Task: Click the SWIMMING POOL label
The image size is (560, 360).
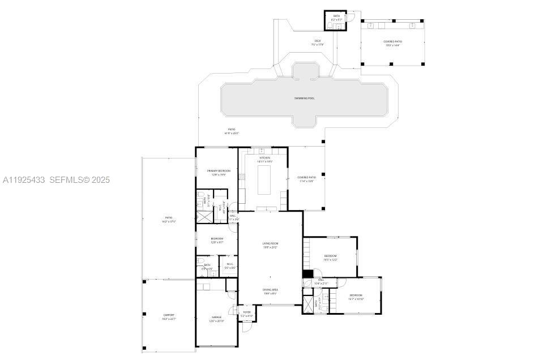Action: (x=304, y=98)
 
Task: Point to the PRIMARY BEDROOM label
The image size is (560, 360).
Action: (x=219, y=172)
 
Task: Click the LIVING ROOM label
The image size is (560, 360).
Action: (x=270, y=245)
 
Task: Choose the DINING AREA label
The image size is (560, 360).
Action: (x=270, y=291)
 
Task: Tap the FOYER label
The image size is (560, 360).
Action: (x=247, y=314)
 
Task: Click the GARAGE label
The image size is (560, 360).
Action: (x=217, y=319)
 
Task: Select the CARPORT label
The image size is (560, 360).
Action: (x=169, y=316)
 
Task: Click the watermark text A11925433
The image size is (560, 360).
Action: (x=24, y=180)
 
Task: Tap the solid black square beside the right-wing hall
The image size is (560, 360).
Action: (x=307, y=274)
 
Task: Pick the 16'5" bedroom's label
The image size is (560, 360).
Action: (x=331, y=258)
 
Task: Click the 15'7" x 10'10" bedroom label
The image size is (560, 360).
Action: (x=356, y=297)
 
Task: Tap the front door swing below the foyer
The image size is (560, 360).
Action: (x=246, y=327)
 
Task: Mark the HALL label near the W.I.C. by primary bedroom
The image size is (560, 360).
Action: (x=232, y=217)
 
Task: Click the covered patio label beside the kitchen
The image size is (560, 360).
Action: (x=306, y=179)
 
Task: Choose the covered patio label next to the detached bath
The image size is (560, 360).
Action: (x=392, y=43)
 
